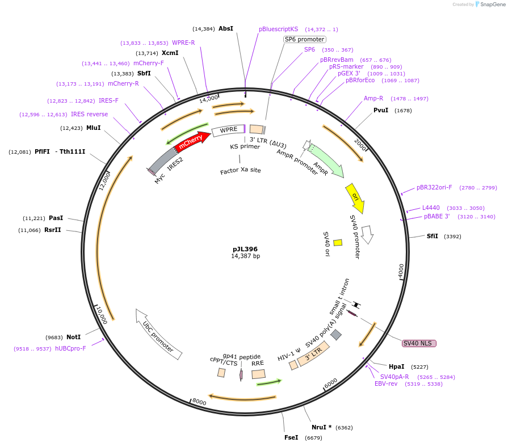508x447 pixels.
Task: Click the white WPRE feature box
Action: (228, 130)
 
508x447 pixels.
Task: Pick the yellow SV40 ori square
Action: (338, 242)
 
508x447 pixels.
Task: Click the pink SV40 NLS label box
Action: (419, 343)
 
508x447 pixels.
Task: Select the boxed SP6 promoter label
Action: (305, 39)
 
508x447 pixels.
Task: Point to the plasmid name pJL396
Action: (245, 248)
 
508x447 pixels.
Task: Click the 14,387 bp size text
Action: (245, 256)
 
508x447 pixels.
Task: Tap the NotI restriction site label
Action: (73, 337)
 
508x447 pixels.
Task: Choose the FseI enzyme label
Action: (291, 437)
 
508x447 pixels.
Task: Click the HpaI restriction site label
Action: (396, 366)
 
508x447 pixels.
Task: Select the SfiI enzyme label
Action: (433, 236)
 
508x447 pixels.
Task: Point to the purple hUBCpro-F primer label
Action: (70, 348)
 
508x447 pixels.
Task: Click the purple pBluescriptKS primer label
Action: (278, 29)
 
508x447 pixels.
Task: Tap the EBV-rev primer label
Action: (386, 384)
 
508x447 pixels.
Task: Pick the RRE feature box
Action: (258, 374)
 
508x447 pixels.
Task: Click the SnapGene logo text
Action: (493, 5)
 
